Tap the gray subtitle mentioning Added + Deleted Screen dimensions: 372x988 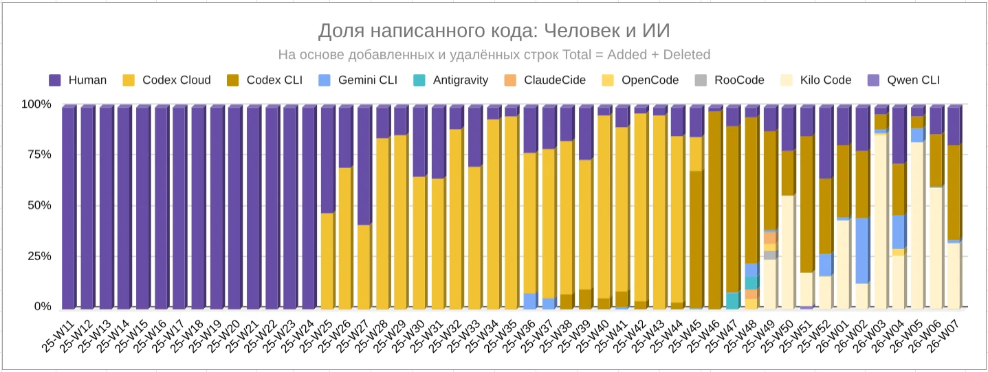click(x=494, y=54)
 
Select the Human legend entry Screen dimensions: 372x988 click(x=78, y=80)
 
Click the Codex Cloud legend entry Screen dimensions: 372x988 click(x=167, y=80)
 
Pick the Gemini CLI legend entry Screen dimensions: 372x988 click(x=358, y=80)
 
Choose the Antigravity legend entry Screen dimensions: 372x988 click(x=451, y=80)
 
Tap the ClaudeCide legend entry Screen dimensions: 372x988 click(x=545, y=80)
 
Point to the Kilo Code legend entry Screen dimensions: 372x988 click(x=817, y=80)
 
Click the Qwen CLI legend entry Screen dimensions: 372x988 click(x=905, y=80)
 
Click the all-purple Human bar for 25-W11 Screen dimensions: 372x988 click(x=67, y=206)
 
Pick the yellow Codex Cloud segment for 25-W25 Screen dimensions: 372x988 click(x=327, y=261)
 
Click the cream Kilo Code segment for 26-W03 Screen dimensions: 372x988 click(x=880, y=220)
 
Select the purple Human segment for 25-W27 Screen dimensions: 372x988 click(x=364, y=165)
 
